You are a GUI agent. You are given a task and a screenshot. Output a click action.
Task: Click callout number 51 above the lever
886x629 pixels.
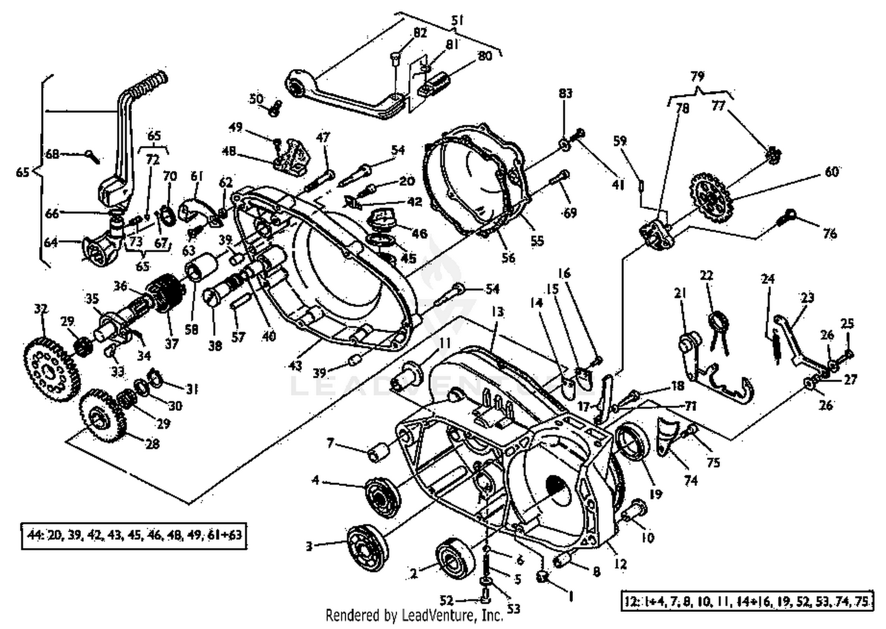pos(457,21)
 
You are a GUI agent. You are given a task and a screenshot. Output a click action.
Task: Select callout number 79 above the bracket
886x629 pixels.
pos(697,77)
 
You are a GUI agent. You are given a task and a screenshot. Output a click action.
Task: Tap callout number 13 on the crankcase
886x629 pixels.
pos(497,312)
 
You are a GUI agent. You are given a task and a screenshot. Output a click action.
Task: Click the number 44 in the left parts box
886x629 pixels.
pos(33,536)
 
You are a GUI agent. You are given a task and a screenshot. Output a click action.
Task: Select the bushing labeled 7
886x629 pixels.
pos(377,453)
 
